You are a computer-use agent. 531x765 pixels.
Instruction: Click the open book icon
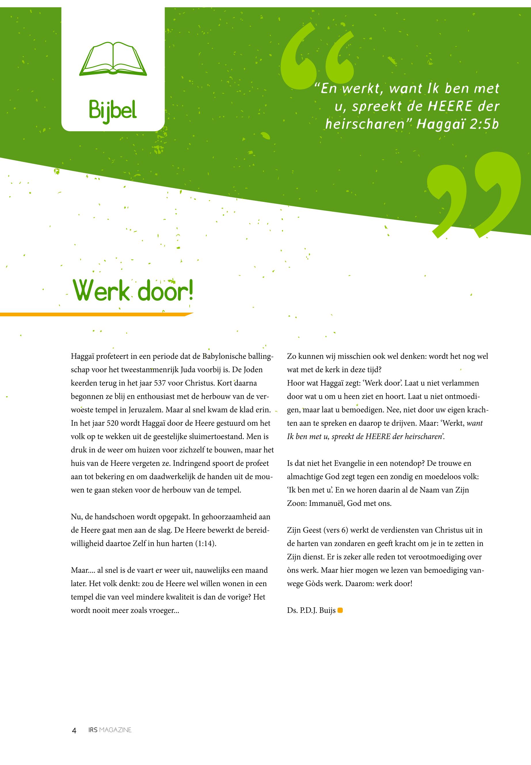pos(113,59)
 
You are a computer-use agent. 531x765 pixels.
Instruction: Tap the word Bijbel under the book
pos(113,111)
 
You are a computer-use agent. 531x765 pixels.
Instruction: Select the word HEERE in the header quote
pos(450,106)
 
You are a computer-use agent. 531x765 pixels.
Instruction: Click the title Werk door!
pos(133,290)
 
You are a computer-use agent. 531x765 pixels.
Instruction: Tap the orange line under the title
pos(96,314)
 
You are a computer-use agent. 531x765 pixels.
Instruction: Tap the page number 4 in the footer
pos(74,730)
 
